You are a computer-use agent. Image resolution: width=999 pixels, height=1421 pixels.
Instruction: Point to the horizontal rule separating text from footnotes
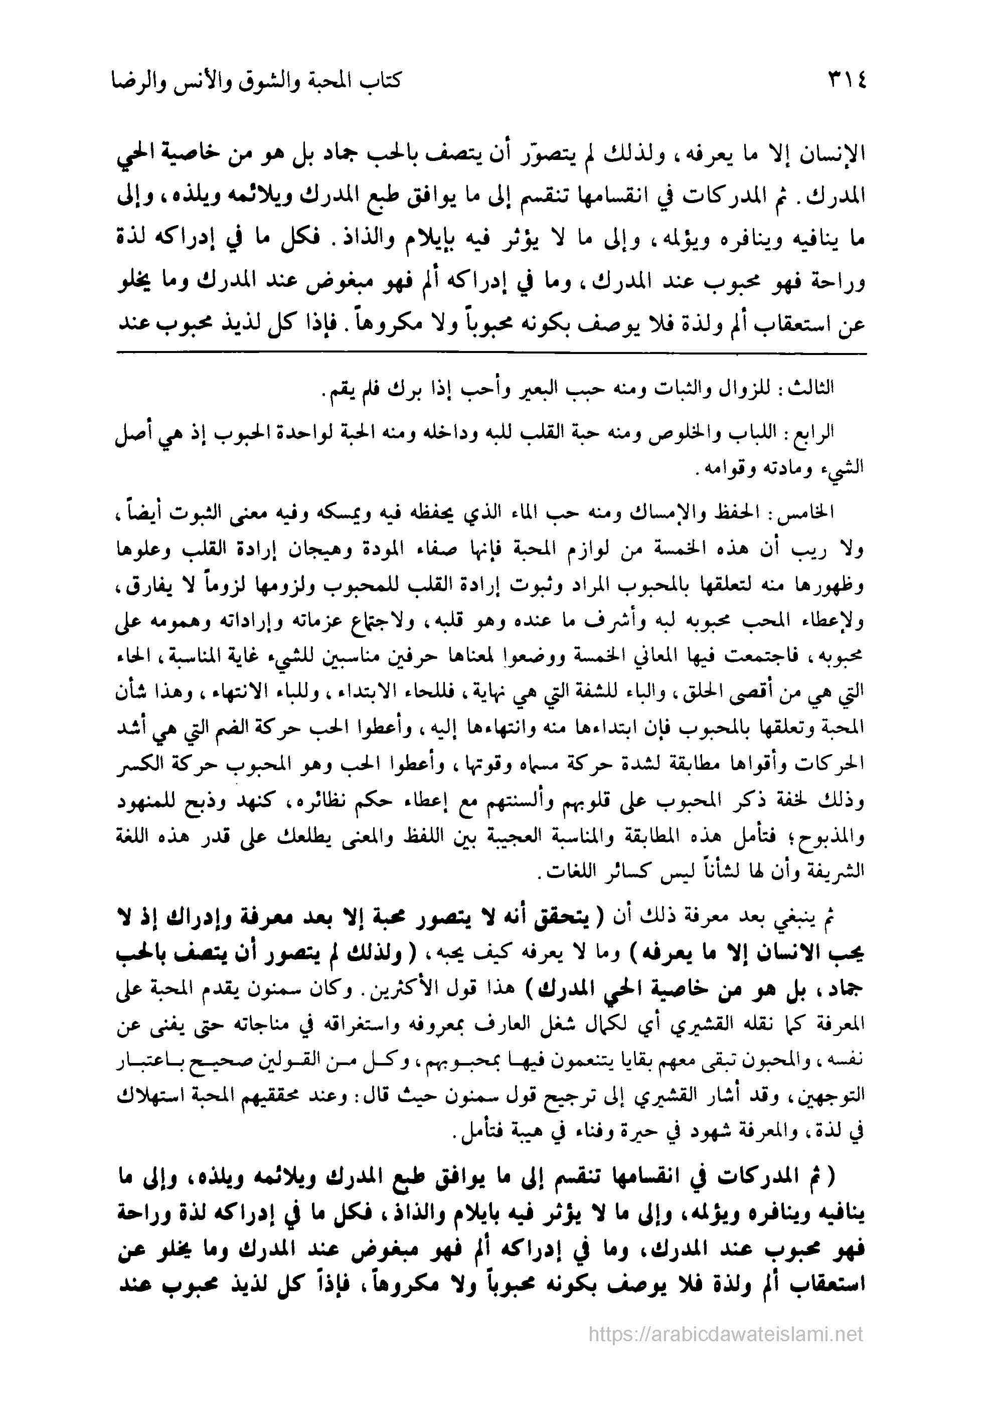coord(491,353)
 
